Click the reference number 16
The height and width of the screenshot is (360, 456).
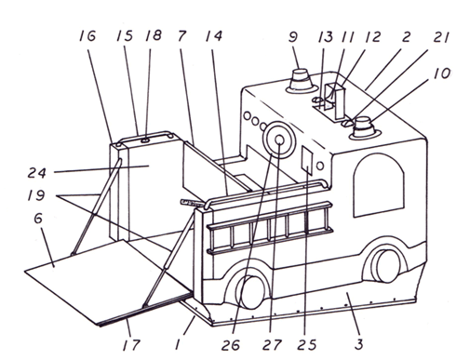(x=87, y=36)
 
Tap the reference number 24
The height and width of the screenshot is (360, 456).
(x=37, y=172)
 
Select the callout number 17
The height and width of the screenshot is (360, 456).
(x=131, y=344)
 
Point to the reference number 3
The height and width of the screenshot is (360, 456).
(x=358, y=344)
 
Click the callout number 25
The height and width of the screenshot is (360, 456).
(x=307, y=344)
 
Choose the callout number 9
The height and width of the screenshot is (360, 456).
(x=293, y=36)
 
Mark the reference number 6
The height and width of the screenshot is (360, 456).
(x=38, y=219)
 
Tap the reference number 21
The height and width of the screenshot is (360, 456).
(x=441, y=37)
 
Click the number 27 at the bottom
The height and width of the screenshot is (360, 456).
(x=272, y=344)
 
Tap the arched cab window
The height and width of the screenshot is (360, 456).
(x=379, y=185)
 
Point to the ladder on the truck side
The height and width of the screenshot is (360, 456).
(x=270, y=228)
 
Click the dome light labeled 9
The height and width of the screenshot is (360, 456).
(x=302, y=81)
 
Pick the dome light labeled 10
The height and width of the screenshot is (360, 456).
(x=365, y=128)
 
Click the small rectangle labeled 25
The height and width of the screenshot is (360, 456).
(x=306, y=160)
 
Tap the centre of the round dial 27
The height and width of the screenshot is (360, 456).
(x=279, y=140)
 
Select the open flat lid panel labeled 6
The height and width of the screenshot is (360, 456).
(x=108, y=282)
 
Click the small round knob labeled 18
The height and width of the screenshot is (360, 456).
(x=145, y=140)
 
